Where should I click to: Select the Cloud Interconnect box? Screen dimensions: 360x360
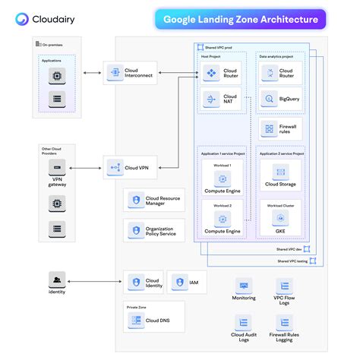pos(130,73)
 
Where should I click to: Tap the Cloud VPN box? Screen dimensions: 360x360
pos(130,167)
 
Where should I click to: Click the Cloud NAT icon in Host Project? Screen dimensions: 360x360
pos(211,99)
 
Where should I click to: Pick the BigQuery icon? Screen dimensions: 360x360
pos(267,99)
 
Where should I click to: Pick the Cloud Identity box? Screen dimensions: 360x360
pos(144,282)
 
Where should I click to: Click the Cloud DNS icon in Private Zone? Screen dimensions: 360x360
pos(136,320)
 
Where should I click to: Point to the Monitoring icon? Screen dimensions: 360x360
pos(244,286)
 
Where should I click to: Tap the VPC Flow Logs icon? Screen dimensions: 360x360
pos(283,286)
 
